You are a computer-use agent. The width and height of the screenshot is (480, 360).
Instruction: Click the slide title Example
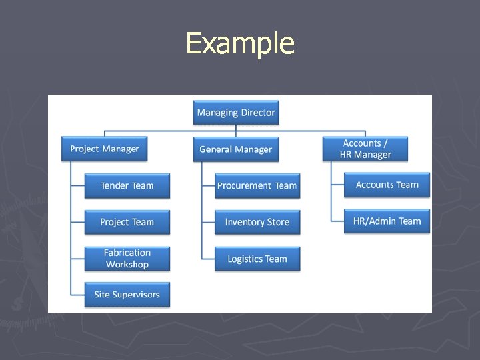pyautogui.click(x=240, y=44)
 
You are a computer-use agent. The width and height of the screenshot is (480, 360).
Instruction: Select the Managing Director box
pyautogui.click(x=236, y=113)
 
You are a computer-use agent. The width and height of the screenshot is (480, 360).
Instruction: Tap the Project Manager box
pyautogui.click(x=105, y=149)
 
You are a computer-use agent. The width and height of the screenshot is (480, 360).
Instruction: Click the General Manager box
pyautogui.click(x=236, y=149)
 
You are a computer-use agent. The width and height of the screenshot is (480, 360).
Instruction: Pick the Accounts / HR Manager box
pyautogui.click(x=365, y=149)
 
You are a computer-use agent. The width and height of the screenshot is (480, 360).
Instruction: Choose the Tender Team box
pyautogui.click(x=127, y=186)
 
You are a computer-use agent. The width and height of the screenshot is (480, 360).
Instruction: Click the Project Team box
pyautogui.click(x=127, y=222)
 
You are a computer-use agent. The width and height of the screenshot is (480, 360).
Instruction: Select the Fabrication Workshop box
pyautogui.click(x=127, y=259)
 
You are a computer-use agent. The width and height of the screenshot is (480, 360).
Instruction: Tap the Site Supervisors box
pyautogui.click(x=127, y=295)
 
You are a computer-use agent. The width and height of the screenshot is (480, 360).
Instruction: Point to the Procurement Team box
pyautogui.click(x=257, y=186)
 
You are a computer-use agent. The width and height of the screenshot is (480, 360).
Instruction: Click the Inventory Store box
pyautogui.click(x=257, y=222)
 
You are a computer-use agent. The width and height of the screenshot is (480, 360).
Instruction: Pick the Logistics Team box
pyautogui.click(x=257, y=259)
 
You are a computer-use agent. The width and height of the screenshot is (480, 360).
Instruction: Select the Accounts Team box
pyautogui.click(x=387, y=185)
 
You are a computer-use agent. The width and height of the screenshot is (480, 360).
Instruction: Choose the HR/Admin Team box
pyautogui.click(x=387, y=221)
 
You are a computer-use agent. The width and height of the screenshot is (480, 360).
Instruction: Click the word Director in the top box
pyautogui.click(x=258, y=113)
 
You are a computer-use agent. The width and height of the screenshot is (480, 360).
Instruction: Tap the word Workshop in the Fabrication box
pyautogui.click(x=127, y=265)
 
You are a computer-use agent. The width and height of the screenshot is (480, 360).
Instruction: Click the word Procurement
pyautogui.click(x=245, y=186)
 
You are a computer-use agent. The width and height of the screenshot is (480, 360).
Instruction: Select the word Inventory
pyautogui.click(x=245, y=222)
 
